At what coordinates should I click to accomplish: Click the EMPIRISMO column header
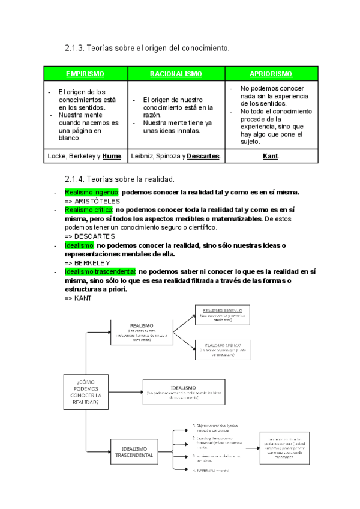tap(85, 74)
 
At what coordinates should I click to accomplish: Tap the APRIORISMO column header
tap(271, 74)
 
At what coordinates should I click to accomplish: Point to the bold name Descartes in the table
tap(203, 157)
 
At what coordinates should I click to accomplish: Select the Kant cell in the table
tap(271, 157)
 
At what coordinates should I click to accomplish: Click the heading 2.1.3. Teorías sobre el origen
tap(147, 47)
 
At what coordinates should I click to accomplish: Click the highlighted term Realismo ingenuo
tap(92, 192)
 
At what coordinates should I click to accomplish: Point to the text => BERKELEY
tap(88, 262)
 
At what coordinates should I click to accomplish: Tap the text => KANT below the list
tap(78, 298)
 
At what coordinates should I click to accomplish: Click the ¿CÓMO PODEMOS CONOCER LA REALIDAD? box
tap(86, 393)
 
